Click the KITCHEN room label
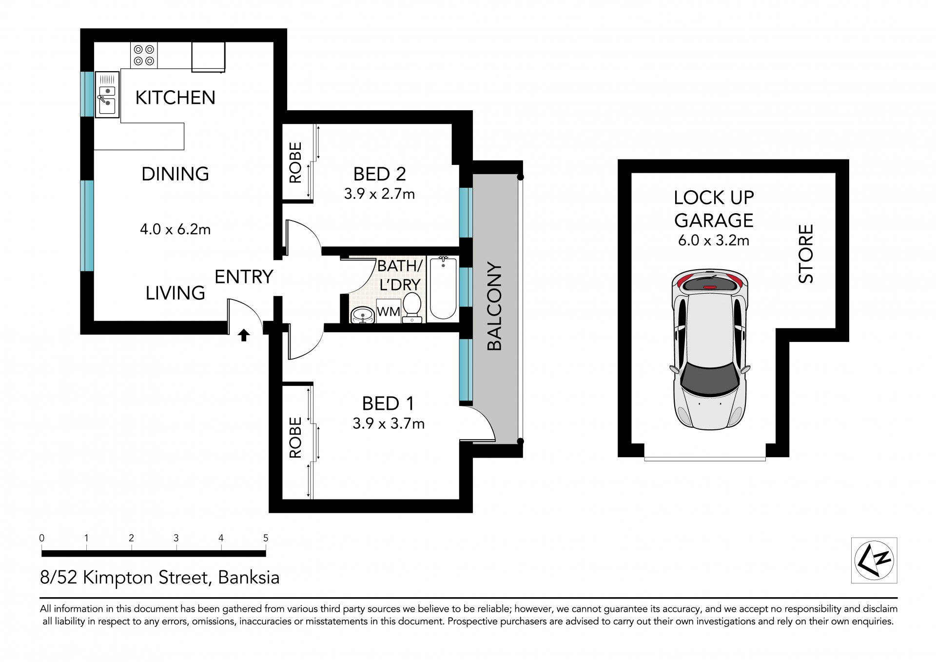(175, 98)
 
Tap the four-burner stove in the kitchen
(144, 55)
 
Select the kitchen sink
(107, 95)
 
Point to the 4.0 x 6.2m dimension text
(175, 229)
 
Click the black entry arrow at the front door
(244, 335)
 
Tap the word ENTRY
(244, 277)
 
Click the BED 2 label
(379, 174)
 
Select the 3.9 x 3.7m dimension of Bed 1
(389, 423)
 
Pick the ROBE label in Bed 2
(295, 162)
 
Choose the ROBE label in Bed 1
(295, 438)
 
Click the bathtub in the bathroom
(443, 288)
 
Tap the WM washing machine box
(389, 311)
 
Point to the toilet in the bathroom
(412, 307)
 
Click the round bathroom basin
(363, 315)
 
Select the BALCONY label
(494, 306)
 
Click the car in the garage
(710, 349)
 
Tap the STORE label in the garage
(806, 254)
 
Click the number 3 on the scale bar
(176, 538)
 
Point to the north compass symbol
(874, 561)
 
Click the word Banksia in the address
(249, 578)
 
